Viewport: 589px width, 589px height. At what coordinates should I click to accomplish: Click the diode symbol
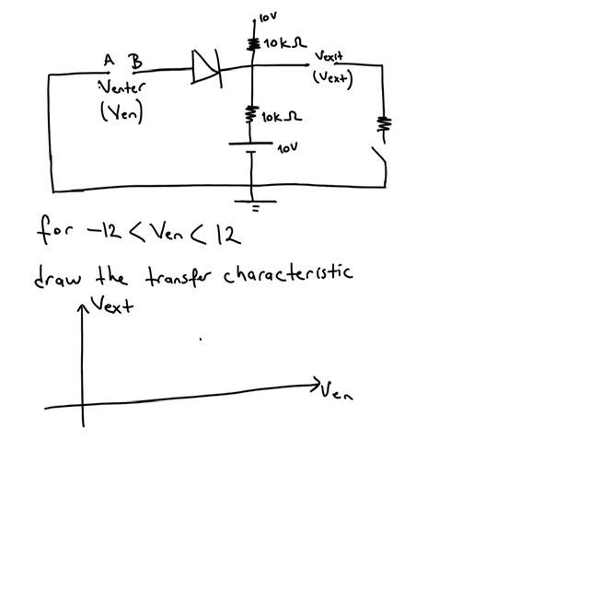tap(206, 67)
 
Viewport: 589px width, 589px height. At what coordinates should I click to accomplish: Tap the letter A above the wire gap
tap(109, 61)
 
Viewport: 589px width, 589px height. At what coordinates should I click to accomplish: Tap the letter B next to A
tap(136, 62)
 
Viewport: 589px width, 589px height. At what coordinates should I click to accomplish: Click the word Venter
tap(122, 89)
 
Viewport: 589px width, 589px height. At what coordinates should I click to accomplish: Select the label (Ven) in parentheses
tap(121, 113)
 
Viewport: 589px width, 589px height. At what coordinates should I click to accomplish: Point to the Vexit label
tap(329, 57)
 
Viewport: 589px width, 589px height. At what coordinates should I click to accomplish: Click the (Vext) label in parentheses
tap(332, 77)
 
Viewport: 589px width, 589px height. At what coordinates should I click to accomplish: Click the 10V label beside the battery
tap(288, 147)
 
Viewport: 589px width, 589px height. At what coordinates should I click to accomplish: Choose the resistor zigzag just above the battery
tap(250, 116)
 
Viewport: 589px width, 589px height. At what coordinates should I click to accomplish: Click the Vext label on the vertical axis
tap(112, 304)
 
